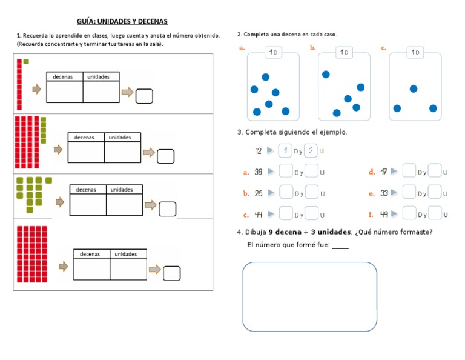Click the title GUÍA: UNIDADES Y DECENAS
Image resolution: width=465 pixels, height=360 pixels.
pyautogui.click(x=122, y=21)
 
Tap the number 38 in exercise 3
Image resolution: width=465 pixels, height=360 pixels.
pyautogui.click(x=259, y=172)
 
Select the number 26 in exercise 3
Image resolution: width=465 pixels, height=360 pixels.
pyautogui.click(x=259, y=193)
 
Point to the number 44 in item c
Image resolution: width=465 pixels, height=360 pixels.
pyautogui.click(x=259, y=214)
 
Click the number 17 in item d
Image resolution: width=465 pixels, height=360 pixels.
pyautogui.click(x=384, y=172)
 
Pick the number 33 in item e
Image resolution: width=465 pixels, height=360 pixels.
pyautogui.click(x=384, y=193)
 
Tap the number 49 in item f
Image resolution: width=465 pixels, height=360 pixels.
pyautogui.click(x=384, y=214)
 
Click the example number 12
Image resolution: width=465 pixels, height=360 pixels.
pyautogui.click(x=259, y=150)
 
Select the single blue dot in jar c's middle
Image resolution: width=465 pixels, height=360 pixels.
pyautogui.click(x=414, y=88)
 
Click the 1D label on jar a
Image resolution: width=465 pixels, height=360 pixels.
pyautogui.click(x=273, y=53)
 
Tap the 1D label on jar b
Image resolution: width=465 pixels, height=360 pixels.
pyautogui.click(x=344, y=53)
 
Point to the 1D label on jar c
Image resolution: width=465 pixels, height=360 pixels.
pyautogui.click(x=415, y=53)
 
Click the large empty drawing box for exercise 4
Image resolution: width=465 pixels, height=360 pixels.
pyautogui.click(x=309, y=296)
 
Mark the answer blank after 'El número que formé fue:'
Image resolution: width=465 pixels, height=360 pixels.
pyautogui.click(x=340, y=246)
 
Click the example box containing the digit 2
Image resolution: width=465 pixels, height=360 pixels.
pyautogui.click(x=311, y=150)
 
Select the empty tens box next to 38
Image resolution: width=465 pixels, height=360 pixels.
pyautogui.click(x=286, y=172)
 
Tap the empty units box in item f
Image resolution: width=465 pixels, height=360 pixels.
pyautogui.click(x=435, y=214)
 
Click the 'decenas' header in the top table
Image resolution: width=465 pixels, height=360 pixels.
pyautogui.click(x=64, y=77)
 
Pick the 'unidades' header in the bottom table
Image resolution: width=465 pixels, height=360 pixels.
pyautogui.click(x=126, y=254)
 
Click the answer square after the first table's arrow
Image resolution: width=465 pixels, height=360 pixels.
pyautogui.click(x=144, y=96)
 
